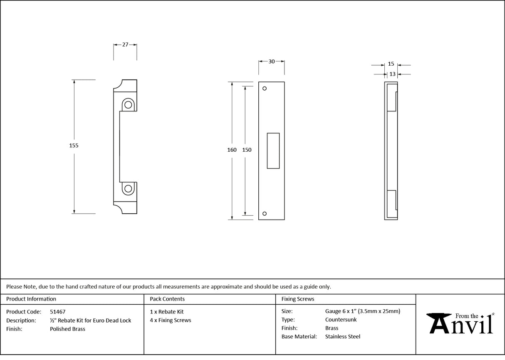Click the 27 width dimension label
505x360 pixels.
click(x=125, y=44)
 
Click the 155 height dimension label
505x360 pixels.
click(x=74, y=145)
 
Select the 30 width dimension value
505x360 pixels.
click(x=271, y=62)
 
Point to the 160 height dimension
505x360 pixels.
click(x=232, y=150)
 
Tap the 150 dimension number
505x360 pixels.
click(x=247, y=150)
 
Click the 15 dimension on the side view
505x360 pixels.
click(x=391, y=64)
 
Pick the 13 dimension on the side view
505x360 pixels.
click(x=392, y=74)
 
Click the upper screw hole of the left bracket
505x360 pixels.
click(x=128, y=105)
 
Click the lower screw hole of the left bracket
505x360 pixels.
click(x=128, y=189)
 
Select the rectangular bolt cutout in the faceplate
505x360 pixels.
click(x=273, y=150)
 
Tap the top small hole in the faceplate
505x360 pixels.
click(x=264, y=89)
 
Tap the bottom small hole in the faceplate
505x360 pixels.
click(x=264, y=214)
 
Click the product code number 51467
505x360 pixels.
click(x=57, y=311)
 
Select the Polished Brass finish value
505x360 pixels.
click(x=67, y=329)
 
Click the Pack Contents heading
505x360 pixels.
click(x=167, y=299)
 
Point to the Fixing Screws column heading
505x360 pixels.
click(x=298, y=299)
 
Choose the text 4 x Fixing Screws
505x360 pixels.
click(x=171, y=320)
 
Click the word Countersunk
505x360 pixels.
click(x=341, y=320)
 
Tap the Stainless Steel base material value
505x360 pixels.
click(x=343, y=337)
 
